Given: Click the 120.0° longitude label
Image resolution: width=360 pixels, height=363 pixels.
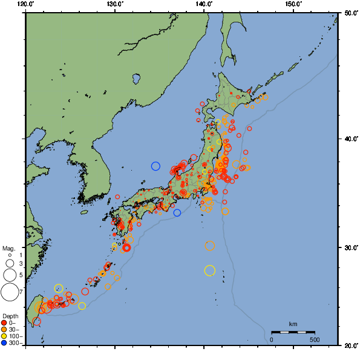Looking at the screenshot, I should pyautogui.click(x=26, y=4).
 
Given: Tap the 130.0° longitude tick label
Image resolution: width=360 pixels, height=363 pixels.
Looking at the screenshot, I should pyautogui.click(x=115, y=4).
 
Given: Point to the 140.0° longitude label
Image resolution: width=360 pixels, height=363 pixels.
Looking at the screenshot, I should pyautogui.click(x=204, y=4).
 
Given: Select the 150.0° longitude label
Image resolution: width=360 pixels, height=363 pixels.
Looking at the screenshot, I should pyautogui.click(x=293, y=4).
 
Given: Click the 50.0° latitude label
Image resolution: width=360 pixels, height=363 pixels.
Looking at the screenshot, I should pyautogui.click(x=349, y=12).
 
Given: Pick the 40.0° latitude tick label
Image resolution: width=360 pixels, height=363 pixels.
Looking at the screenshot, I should pyautogui.click(x=349, y=139).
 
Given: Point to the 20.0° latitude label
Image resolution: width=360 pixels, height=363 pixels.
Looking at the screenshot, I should pyautogui.click(x=349, y=345).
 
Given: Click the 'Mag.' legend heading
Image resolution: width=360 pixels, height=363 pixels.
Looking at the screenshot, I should pyautogui.click(x=8, y=249).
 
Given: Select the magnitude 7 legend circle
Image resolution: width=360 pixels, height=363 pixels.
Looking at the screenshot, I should pyautogui.click(x=9, y=292).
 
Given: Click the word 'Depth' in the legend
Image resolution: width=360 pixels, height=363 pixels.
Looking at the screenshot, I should pyautogui.click(x=10, y=316).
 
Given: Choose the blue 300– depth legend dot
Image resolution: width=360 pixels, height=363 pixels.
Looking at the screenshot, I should pyautogui.click(x=4, y=343).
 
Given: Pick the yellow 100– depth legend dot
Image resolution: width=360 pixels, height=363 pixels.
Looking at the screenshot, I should pyautogui.click(x=4, y=336).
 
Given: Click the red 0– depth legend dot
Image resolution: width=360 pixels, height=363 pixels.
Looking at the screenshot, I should pyautogui.click(x=4, y=322).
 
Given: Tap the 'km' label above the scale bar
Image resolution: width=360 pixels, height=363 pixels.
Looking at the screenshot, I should pyautogui.click(x=293, y=324).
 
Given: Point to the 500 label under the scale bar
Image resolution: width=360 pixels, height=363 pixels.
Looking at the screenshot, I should pyautogui.click(x=315, y=339).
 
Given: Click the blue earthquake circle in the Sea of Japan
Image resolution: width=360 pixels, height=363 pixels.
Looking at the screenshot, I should pyautogui.click(x=155, y=166).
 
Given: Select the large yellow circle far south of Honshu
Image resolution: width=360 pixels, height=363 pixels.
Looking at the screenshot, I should pyautogui.click(x=210, y=270).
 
